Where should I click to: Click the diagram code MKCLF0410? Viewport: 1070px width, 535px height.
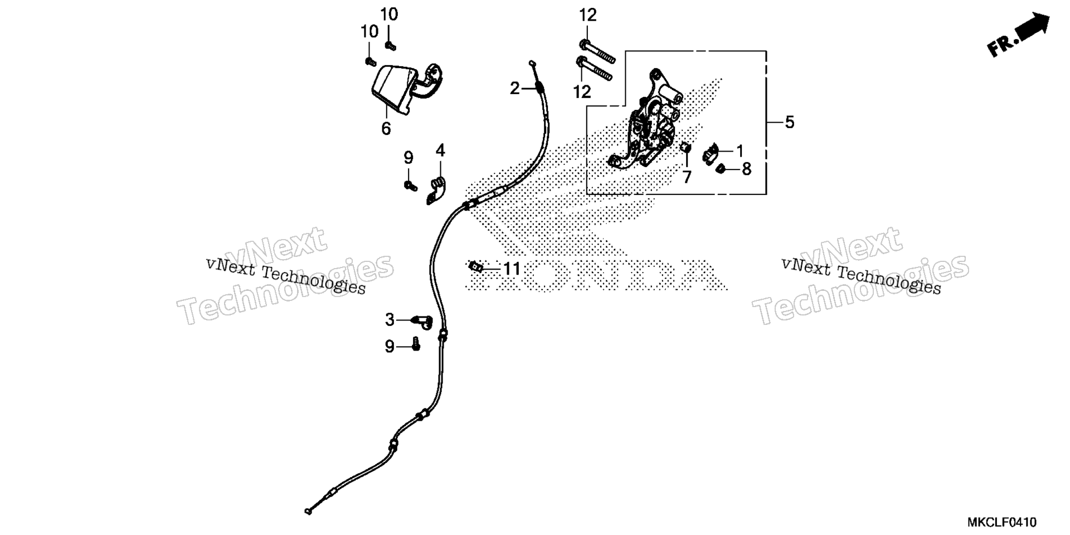pos(1001,522)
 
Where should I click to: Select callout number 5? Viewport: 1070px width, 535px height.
pos(789,122)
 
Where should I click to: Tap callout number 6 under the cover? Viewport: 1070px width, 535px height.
pos(386,128)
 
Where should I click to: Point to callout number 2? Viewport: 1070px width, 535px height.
pos(515,88)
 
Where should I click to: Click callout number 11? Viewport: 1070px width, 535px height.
pos(512,269)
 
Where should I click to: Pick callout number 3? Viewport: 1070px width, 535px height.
pos(390,320)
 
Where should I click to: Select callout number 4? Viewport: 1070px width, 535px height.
pos(440,150)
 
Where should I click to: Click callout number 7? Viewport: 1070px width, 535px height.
pos(687,177)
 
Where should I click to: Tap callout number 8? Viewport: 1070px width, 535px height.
pos(746,168)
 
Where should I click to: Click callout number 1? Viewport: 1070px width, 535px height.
pos(740,150)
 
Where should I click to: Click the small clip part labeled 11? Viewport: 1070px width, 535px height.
pos(475,266)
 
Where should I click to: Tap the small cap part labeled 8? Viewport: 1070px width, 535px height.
pos(719,168)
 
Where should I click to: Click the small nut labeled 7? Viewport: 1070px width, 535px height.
pos(686,148)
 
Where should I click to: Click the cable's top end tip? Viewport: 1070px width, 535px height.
pos(532,62)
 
